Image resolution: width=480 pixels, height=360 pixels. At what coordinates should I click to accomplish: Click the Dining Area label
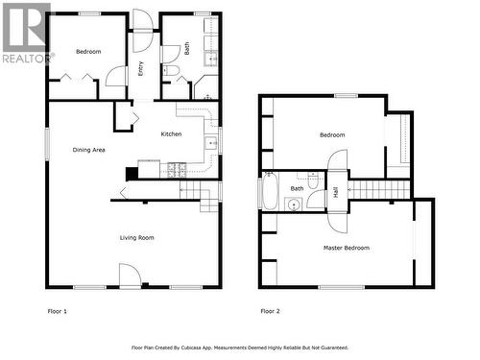(88, 150)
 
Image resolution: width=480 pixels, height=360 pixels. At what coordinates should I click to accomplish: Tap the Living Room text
(136, 237)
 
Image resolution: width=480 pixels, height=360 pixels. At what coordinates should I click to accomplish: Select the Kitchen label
(171, 134)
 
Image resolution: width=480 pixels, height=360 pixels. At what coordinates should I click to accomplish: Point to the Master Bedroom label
(345, 248)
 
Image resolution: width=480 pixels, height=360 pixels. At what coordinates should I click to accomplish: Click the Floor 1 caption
(58, 311)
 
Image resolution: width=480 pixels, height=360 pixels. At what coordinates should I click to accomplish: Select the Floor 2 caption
(271, 311)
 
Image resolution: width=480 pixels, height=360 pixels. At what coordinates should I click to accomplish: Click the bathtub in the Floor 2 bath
(270, 190)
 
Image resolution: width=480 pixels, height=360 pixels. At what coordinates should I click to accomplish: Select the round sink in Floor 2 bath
(295, 204)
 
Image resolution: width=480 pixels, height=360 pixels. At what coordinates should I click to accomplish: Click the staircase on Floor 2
(372, 189)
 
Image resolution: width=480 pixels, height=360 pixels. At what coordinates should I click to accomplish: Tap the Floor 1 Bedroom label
(88, 52)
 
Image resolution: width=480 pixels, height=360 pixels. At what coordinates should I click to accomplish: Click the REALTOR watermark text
(28, 58)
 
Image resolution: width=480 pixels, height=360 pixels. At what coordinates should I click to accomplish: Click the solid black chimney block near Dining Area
(132, 173)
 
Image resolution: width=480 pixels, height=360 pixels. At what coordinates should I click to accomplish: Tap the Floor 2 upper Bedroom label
(332, 135)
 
